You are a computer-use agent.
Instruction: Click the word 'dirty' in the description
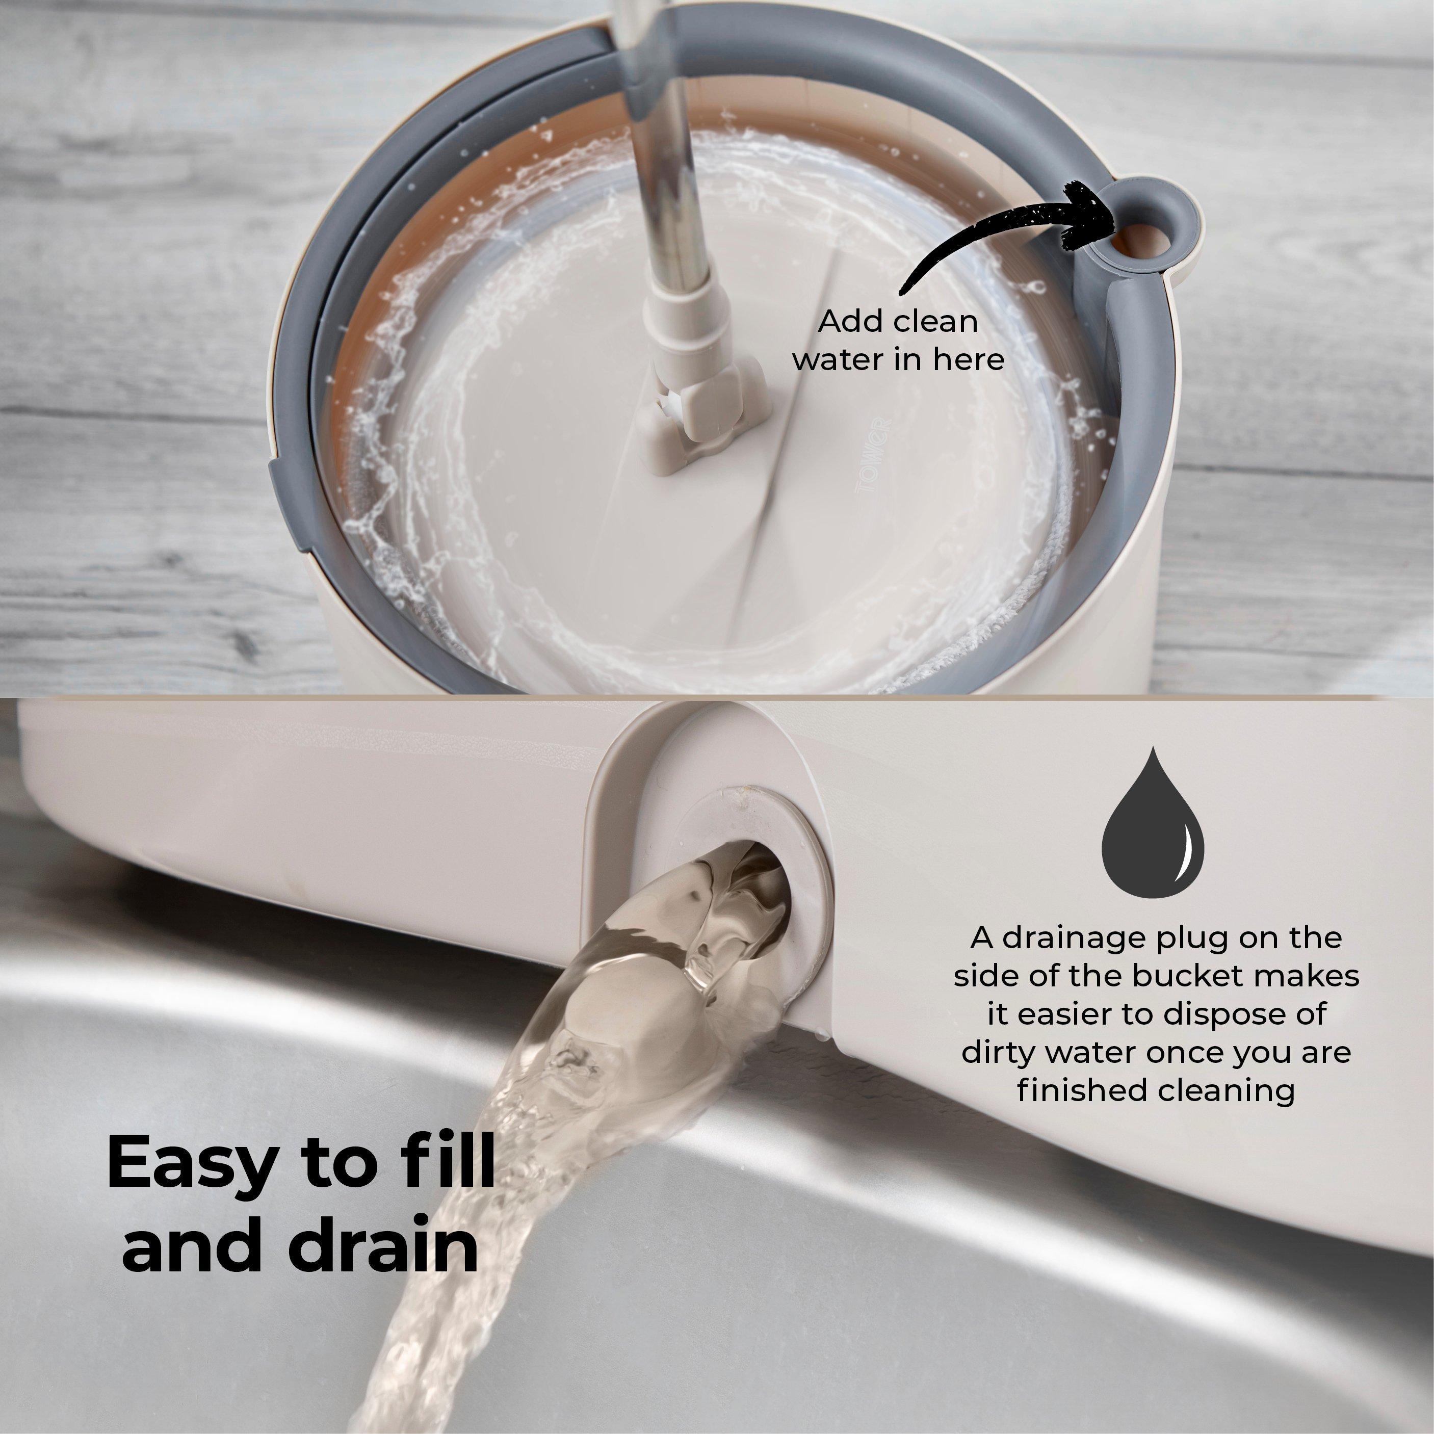click(x=996, y=1053)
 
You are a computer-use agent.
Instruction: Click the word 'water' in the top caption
click(x=837, y=360)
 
